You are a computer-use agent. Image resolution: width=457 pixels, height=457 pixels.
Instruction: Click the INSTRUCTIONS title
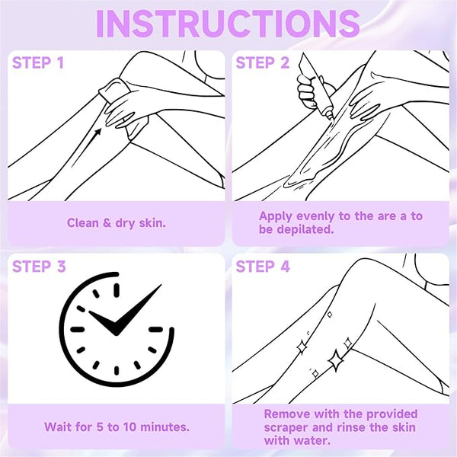tap(228, 24)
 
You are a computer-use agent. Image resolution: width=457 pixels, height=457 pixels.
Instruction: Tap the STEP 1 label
tap(38, 62)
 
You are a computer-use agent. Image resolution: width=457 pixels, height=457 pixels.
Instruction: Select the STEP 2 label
tap(262, 62)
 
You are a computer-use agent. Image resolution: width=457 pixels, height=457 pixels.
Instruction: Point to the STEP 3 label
tap(39, 267)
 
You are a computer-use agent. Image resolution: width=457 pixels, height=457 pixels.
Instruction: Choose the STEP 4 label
tap(263, 267)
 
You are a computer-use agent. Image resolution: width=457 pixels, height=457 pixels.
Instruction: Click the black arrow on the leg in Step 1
tap(86, 147)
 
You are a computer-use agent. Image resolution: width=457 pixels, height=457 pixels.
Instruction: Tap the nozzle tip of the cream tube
tap(331, 117)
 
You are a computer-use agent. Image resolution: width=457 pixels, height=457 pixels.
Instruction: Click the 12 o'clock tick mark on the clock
tap(117, 290)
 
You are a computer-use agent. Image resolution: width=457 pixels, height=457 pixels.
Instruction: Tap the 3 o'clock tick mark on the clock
tap(156, 329)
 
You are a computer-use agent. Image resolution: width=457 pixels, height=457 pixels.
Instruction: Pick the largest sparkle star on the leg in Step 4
tap(335, 361)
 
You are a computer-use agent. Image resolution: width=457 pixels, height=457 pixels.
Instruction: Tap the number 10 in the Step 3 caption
tap(129, 427)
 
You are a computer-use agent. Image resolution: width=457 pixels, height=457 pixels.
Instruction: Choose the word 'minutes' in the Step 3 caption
tap(165, 427)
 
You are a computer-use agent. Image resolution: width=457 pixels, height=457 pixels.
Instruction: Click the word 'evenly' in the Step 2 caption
tap(313, 217)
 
